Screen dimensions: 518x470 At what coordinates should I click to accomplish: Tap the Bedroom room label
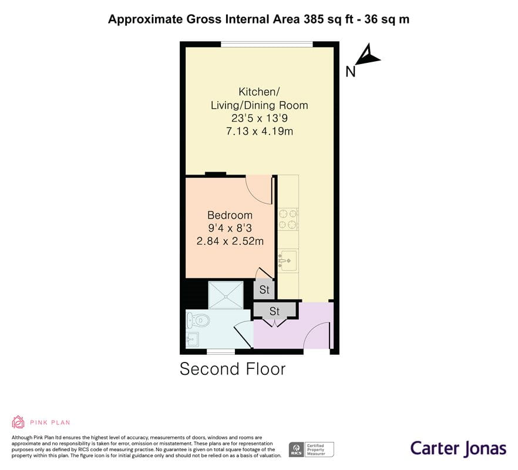[230, 215]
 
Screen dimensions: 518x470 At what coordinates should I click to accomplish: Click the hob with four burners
[288, 219]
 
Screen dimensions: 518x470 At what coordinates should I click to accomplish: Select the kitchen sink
[288, 261]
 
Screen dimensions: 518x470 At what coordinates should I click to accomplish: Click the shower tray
[226, 295]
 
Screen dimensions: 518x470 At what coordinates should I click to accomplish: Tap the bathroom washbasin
[192, 340]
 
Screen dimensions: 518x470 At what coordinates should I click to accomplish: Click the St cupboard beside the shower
[264, 290]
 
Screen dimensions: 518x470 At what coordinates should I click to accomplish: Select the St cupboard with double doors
[274, 311]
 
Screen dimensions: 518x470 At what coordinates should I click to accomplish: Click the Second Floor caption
[233, 369]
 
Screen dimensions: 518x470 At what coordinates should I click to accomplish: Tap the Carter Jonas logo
[458, 449]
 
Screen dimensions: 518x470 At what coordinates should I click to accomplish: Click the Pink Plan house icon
[18, 422]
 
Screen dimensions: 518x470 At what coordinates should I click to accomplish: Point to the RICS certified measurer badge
[311, 449]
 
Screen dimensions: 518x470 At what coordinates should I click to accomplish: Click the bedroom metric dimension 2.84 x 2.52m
[230, 241]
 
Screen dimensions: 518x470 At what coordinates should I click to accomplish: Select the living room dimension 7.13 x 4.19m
[260, 131]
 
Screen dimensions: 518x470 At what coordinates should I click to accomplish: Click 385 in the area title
[314, 19]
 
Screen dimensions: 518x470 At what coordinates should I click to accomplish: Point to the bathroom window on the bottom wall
[221, 351]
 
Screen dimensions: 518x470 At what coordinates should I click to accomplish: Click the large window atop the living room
[267, 44]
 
